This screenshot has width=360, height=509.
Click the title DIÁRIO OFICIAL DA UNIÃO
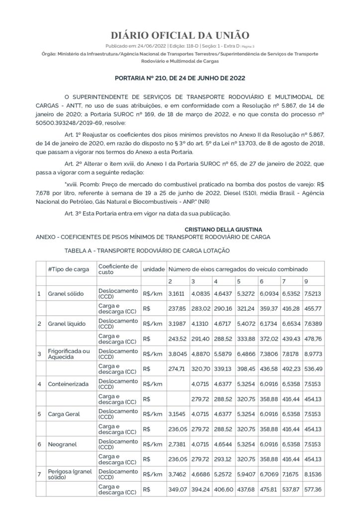(x=180, y=35)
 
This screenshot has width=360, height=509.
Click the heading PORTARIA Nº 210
(x=180, y=78)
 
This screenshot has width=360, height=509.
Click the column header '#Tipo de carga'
(x=69, y=269)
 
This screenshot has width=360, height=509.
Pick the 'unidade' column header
(x=154, y=269)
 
